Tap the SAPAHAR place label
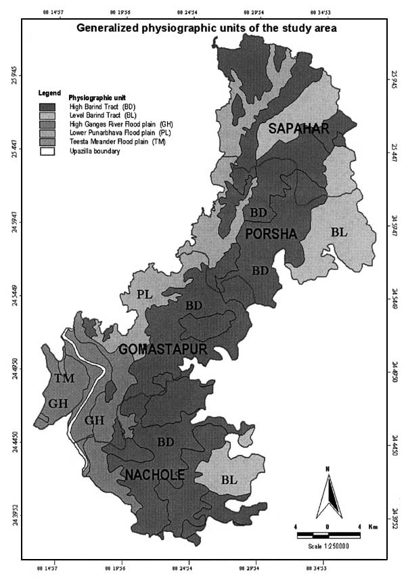pos(298,129)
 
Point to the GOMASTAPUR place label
pos(162,350)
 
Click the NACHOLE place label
pos(155,476)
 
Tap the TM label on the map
pos(64,378)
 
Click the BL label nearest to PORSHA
pos(339,232)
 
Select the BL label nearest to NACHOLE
pos(229,480)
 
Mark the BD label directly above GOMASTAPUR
pos(194,306)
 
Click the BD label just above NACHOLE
pos(166,442)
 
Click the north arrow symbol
pos(328,489)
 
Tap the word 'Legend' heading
pos(50,92)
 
